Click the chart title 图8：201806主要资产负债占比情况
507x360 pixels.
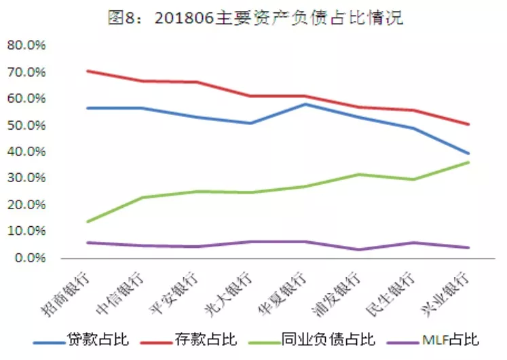tap(255, 18)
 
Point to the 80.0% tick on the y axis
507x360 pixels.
tap(26, 46)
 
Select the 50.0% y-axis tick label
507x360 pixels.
tap(26, 126)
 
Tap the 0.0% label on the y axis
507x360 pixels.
tap(29, 258)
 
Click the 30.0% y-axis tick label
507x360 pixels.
tap(26, 179)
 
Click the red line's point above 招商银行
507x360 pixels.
tap(88, 71)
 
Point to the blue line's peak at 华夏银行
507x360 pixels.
tap(305, 104)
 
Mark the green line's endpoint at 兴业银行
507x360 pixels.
tap(468, 162)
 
